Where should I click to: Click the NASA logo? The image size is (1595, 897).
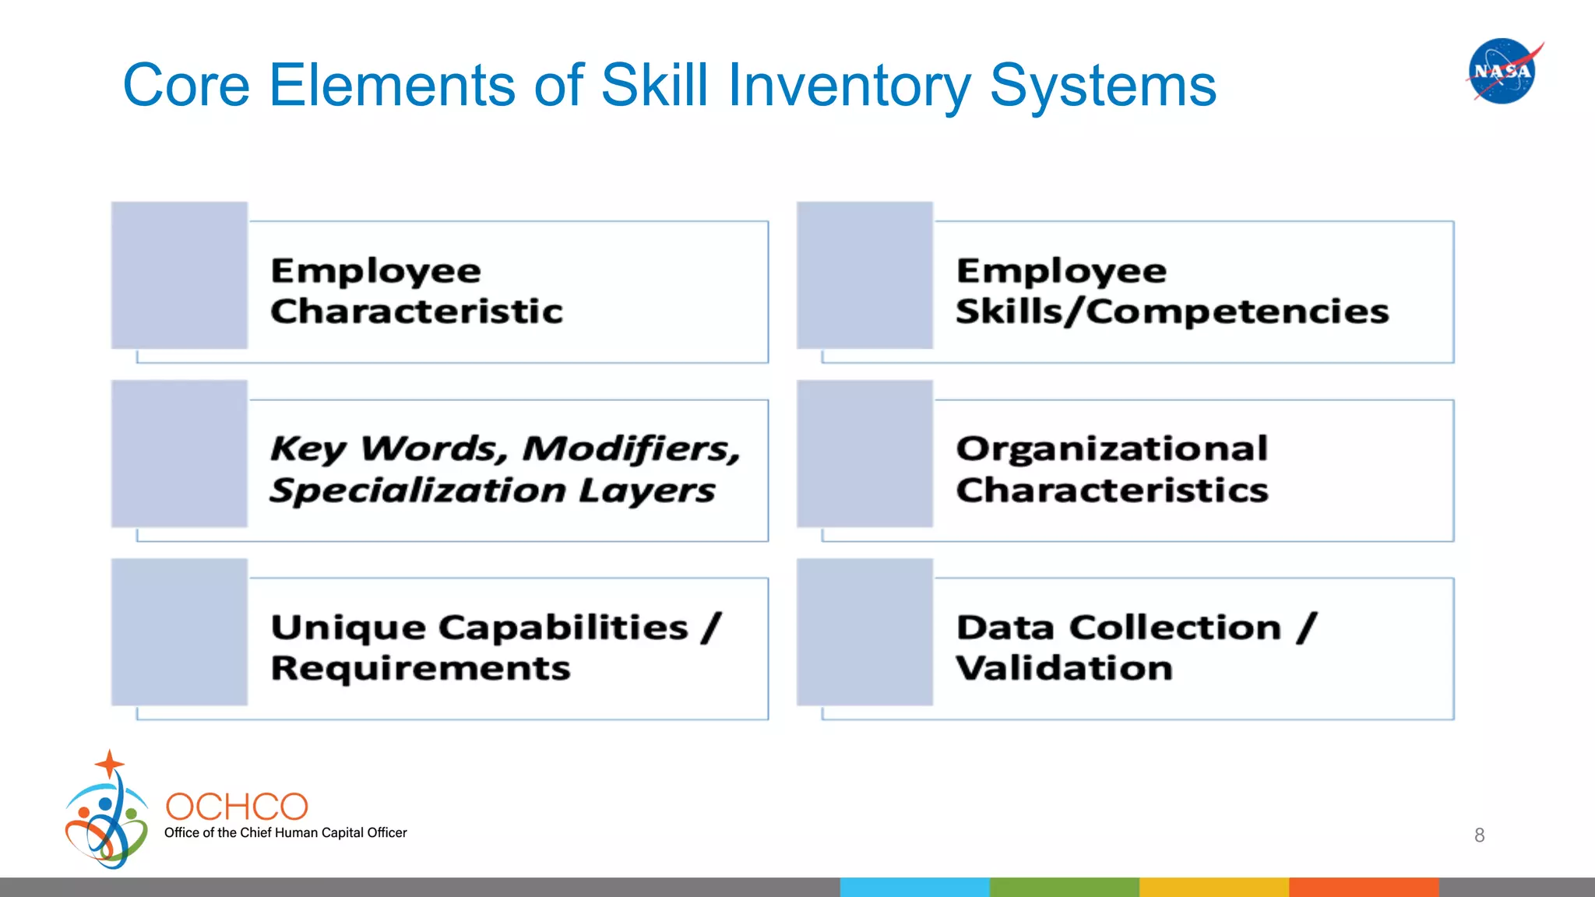[1502, 71]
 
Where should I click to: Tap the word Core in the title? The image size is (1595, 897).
[186, 86]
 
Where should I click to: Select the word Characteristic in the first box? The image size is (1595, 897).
[416, 311]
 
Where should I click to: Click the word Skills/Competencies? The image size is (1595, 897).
[1172, 311]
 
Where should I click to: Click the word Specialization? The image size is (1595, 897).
[417, 491]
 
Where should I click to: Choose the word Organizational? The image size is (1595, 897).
[1111, 448]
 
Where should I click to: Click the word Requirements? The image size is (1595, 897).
[421, 668]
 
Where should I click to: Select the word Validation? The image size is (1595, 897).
[1064, 668]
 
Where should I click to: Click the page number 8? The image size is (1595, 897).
[1479, 835]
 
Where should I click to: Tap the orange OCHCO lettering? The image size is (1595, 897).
[237, 807]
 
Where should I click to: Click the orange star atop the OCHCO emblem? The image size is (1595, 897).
[110, 764]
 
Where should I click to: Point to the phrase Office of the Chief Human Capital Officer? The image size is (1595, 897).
[285, 832]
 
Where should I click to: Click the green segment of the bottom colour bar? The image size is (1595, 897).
[1064, 887]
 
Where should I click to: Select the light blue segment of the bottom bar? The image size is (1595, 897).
[914, 887]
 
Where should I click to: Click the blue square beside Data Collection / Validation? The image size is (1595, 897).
[864, 631]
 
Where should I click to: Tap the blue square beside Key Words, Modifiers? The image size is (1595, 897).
[179, 453]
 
